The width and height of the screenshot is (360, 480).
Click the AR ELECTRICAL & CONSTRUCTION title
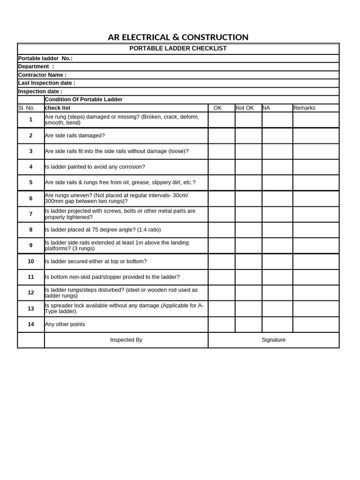tap(178, 37)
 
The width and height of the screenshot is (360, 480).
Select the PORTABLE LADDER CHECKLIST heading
tap(178, 49)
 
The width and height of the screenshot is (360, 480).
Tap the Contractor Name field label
tap(42, 75)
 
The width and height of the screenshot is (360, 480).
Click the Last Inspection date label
tap(46, 83)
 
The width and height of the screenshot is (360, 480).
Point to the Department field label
tap(36, 67)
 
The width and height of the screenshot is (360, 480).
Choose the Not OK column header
tap(245, 108)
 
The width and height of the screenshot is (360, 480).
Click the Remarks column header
tap(304, 108)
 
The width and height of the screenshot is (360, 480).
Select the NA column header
tap(266, 108)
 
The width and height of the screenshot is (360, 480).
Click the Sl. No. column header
tap(26, 108)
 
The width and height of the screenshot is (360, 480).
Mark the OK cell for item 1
tap(221, 120)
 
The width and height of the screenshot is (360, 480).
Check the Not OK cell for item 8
tap(248, 230)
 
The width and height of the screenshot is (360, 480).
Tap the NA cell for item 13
tap(277, 308)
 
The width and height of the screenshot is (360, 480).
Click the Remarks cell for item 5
tap(315, 183)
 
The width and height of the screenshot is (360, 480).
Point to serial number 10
tap(31, 261)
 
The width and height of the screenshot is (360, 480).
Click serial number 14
tap(31, 324)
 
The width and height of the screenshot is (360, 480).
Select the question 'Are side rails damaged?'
tap(75, 135)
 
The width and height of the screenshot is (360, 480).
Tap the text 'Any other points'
tap(65, 324)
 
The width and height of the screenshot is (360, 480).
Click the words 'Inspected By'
tap(126, 340)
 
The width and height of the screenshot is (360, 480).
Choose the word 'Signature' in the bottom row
tap(273, 340)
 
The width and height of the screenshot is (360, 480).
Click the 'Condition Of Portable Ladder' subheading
tap(83, 99)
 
